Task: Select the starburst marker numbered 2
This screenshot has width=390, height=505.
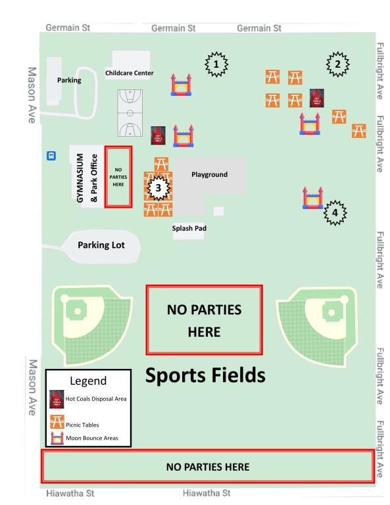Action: coord(337,64)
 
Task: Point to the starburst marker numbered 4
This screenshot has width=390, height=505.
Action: coord(335,212)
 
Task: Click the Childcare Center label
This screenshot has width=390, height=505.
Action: coord(129,74)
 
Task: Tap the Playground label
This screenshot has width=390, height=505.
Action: coord(209,175)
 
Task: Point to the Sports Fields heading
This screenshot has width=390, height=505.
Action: coord(205,375)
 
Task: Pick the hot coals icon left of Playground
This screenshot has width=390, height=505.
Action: coord(158,135)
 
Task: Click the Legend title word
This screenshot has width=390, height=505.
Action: coord(88,381)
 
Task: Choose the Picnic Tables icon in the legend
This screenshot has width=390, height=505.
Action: coord(57,420)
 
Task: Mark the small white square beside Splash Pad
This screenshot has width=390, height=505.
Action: coord(218,211)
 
